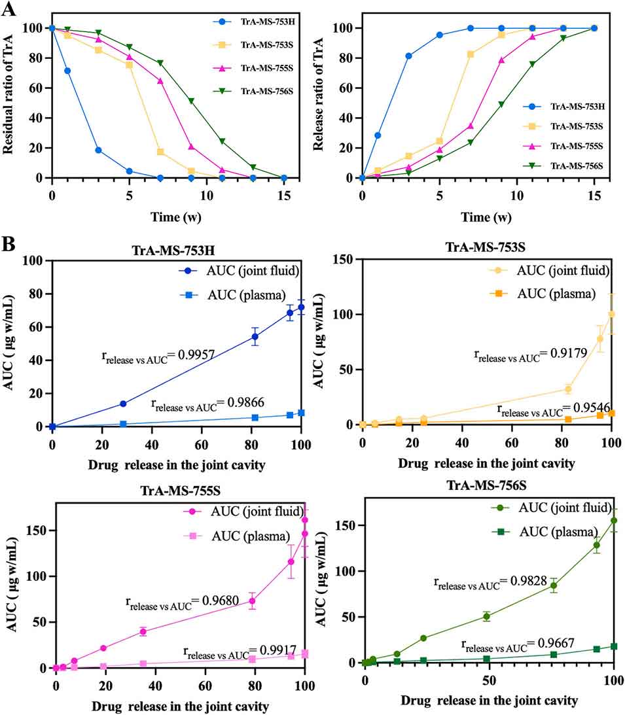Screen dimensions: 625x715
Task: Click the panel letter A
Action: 9,9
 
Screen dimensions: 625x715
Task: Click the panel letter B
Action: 9,245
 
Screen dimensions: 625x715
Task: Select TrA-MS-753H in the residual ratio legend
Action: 267,22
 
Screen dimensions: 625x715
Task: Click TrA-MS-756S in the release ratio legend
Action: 577,166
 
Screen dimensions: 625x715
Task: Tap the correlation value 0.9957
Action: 196,355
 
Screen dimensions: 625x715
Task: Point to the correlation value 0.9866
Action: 245,402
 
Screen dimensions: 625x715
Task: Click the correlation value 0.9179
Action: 569,353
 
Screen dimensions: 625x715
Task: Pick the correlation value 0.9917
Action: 278,650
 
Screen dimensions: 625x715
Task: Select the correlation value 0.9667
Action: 556,643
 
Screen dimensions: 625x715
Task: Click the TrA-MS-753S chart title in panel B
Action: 486,247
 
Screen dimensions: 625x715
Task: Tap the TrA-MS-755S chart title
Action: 181,491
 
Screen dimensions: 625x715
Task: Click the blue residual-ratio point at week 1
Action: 67,71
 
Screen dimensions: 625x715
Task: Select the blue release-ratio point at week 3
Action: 408,56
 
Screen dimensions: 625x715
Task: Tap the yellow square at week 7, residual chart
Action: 160,152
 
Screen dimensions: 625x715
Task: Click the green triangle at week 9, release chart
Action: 501,105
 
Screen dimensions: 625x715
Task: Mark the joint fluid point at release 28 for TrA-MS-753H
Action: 123,404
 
